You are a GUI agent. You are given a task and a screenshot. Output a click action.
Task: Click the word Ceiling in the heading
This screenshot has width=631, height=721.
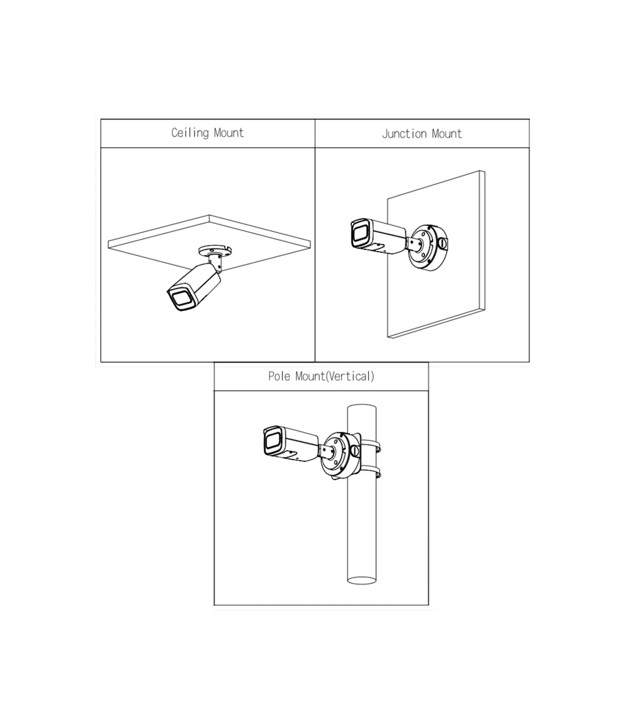[190, 133]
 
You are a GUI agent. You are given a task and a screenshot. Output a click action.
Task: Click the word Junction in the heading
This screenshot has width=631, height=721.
[405, 133]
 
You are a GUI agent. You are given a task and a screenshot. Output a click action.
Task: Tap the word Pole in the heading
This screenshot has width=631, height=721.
[280, 376]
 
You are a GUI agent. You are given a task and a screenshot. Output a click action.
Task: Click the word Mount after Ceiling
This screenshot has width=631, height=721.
[229, 133]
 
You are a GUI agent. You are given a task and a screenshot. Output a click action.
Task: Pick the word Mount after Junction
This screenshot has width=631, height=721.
[446, 133]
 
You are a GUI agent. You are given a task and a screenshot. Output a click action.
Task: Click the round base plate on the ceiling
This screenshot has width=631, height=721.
[215, 252]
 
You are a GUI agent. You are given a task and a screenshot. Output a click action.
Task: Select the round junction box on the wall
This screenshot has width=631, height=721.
[429, 247]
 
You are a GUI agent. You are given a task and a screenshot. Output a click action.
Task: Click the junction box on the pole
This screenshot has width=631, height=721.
[341, 455]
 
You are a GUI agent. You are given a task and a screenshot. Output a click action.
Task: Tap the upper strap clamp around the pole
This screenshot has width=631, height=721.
[370, 446]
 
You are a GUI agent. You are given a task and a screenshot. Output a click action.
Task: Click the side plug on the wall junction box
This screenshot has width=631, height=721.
[442, 242]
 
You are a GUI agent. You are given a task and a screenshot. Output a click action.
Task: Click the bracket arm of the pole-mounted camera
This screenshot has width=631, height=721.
[328, 451]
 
